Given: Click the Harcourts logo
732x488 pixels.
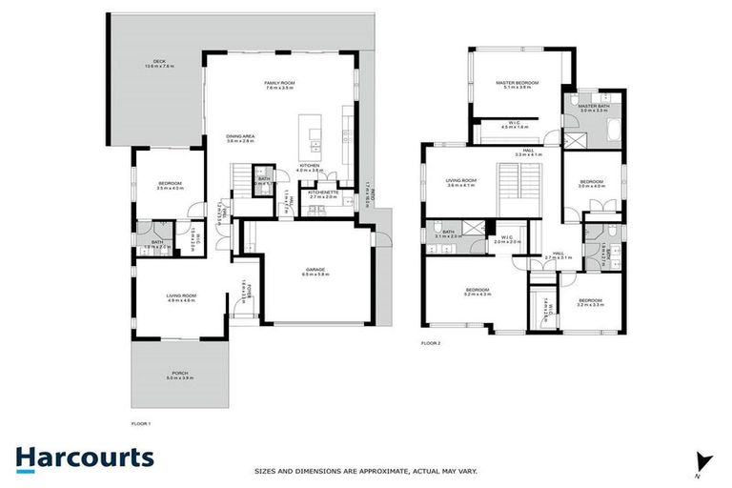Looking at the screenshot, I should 84,458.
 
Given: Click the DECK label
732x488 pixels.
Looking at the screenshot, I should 155,64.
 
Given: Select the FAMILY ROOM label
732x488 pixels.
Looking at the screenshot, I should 279,86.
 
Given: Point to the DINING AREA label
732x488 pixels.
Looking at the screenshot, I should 239,138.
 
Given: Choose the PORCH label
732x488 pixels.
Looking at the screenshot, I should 180,376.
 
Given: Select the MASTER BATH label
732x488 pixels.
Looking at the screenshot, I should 593,108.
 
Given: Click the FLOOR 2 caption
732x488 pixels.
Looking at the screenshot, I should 431,342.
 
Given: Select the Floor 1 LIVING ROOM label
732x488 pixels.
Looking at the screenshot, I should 181,297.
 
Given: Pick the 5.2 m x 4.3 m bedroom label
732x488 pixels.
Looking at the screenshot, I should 478,292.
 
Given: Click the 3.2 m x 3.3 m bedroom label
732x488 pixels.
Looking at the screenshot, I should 591,303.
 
